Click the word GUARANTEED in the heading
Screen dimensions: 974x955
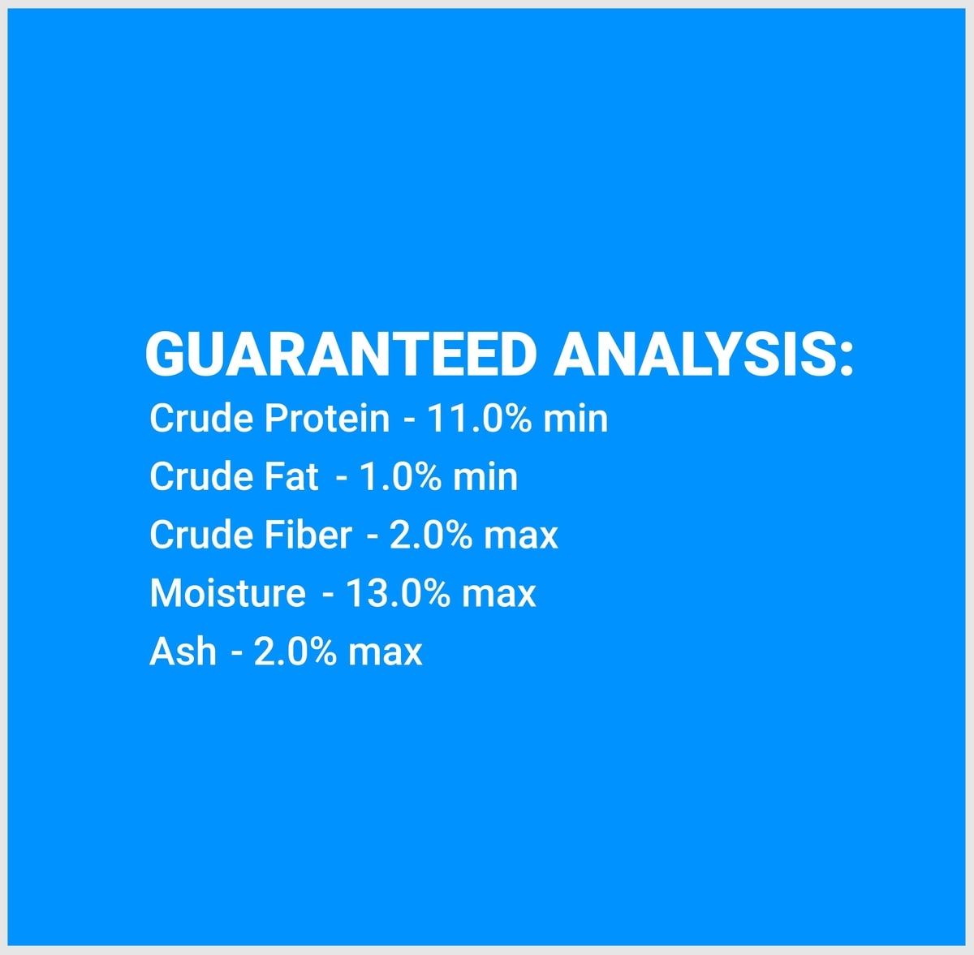point(341,355)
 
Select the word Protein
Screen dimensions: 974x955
point(327,419)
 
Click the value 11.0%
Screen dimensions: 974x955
point(479,419)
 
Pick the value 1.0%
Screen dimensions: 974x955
point(399,476)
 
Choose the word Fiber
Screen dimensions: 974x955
point(308,535)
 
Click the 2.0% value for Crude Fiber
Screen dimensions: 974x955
point(431,535)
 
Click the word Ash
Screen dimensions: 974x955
point(183,651)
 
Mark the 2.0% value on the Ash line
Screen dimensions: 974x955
point(295,651)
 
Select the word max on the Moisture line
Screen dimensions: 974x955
point(499,596)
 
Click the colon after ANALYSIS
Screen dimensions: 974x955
point(847,359)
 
